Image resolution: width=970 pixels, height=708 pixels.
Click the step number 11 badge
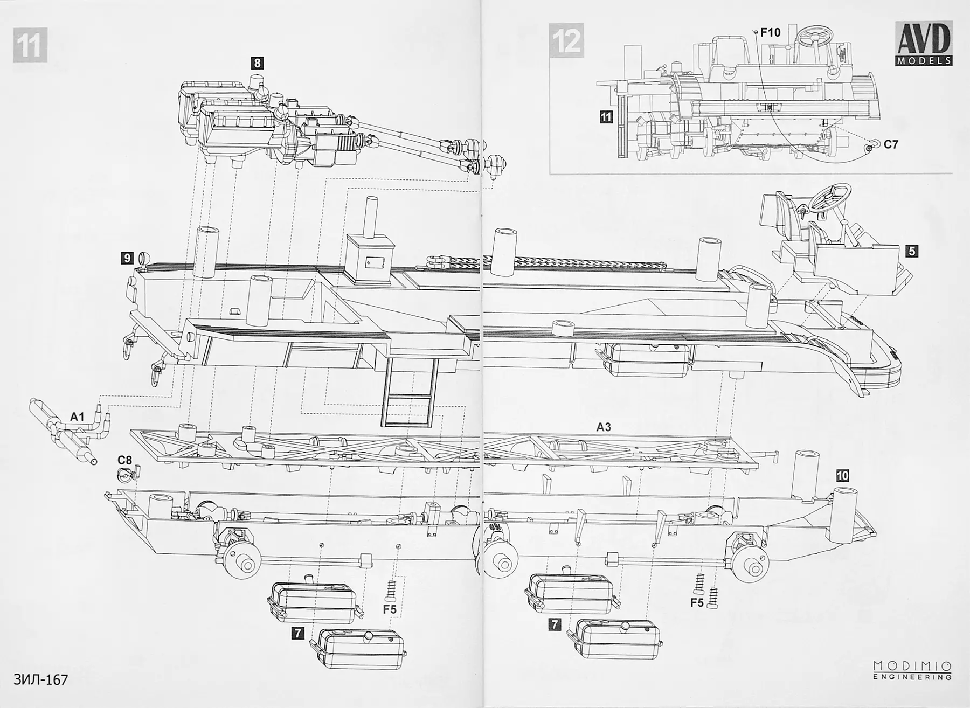pos(29,45)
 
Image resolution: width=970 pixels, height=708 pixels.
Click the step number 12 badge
pos(567,41)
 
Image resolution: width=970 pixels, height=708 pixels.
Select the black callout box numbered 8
pos(257,63)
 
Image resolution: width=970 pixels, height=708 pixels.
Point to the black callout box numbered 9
pos(127,258)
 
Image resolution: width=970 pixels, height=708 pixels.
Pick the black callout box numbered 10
pos(842,475)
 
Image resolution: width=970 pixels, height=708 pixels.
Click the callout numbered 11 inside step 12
pos(606,116)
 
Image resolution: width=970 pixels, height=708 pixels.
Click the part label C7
pos(891,144)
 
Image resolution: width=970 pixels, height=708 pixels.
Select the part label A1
pos(77,416)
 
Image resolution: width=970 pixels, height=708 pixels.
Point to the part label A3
pos(604,427)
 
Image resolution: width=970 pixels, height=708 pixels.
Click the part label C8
pos(124,460)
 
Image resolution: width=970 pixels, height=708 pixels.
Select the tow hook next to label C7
pos(872,144)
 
